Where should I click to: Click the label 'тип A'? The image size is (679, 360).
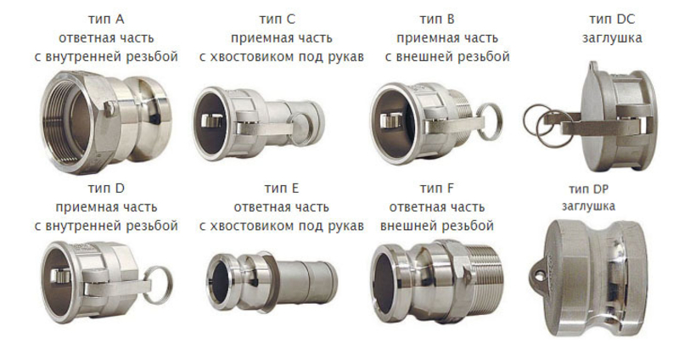[106, 20]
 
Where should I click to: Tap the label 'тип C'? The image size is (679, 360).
[278, 20]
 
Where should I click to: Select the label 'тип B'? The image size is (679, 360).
[437, 20]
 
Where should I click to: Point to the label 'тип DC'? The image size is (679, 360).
[612, 20]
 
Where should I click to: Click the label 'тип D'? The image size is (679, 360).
[106, 188]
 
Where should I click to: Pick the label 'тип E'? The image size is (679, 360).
[282, 188]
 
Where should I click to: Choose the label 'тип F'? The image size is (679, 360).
[437, 188]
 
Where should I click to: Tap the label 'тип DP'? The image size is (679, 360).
[588, 189]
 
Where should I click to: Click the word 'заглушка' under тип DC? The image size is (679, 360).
[612, 38]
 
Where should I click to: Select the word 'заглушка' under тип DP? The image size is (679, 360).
[588, 206]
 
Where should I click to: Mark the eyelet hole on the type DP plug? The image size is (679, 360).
[539, 274]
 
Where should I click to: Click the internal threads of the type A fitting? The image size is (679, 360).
[65, 121]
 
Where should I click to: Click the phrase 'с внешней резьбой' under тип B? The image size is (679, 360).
[447, 57]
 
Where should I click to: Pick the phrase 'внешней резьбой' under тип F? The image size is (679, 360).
[437, 226]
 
